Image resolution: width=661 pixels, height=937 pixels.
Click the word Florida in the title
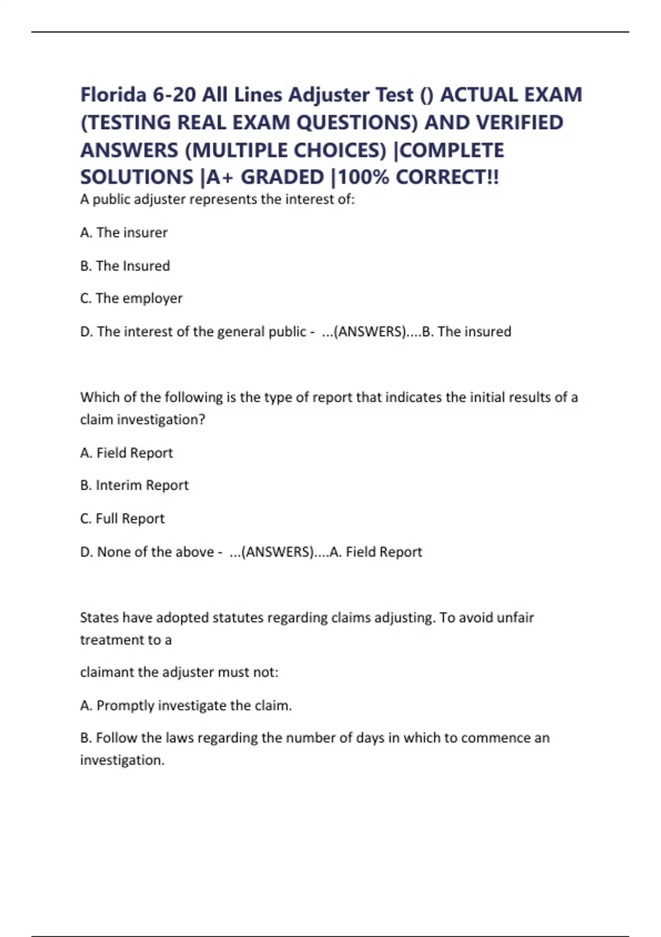pos(113,95)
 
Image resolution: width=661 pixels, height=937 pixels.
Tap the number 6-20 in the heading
pos(174,95)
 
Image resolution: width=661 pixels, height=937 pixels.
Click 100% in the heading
pos(364,177)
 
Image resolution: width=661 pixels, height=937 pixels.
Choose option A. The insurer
pos(124,233)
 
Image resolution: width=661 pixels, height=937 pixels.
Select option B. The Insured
pos(125,266)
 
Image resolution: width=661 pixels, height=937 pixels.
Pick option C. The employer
pos(131,298)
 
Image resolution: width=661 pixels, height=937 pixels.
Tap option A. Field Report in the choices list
pos(127,453)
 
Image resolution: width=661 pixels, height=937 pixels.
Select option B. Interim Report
pos(134,485)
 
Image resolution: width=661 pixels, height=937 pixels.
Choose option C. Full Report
pos(122,518)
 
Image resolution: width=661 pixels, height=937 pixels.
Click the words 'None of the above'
pos(155,552)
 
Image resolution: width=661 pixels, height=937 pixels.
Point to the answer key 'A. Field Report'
pos(376,552)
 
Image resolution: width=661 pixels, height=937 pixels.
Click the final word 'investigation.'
pos(122,760)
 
